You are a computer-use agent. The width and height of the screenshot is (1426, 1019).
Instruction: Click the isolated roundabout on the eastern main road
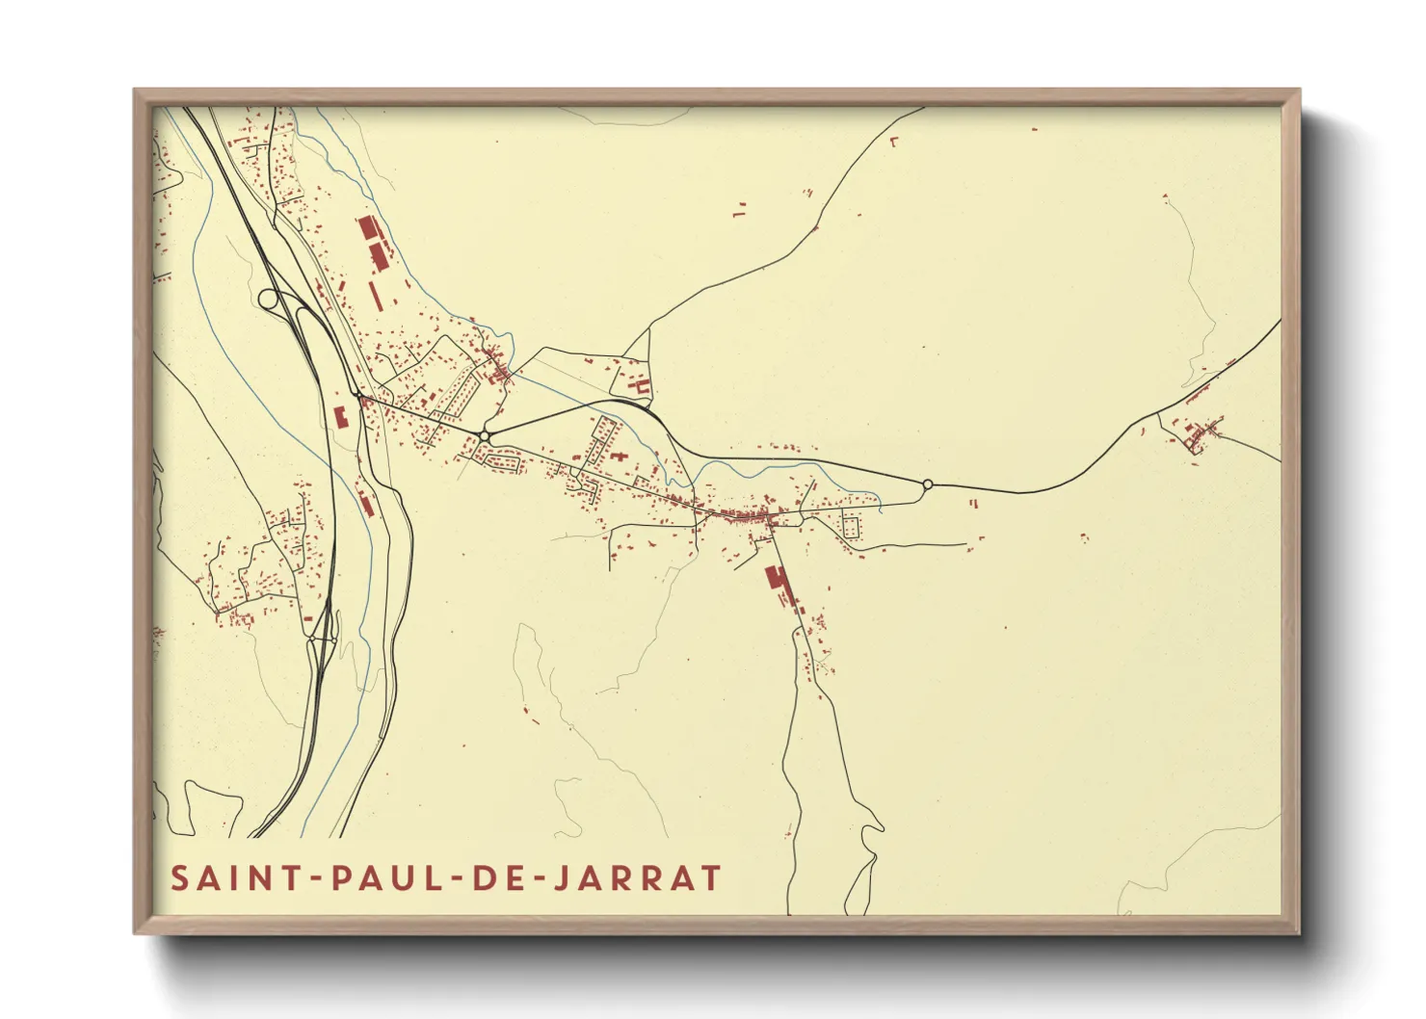tap(927, 484)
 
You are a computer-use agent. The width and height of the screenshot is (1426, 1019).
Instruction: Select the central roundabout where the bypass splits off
tap(484, 437)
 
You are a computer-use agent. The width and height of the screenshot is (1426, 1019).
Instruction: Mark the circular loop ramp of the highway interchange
tap(269, 299)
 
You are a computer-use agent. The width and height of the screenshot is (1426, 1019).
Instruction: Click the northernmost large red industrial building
tap(368, 229)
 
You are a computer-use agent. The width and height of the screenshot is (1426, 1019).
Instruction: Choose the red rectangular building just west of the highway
tap(339, 417)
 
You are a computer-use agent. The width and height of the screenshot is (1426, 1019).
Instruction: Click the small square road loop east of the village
tap(852, 527)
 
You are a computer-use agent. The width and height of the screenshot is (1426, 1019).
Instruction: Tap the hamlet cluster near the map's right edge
tap(1201, 435)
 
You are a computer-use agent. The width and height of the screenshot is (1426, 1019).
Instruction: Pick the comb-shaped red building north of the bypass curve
tap(641, 386)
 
